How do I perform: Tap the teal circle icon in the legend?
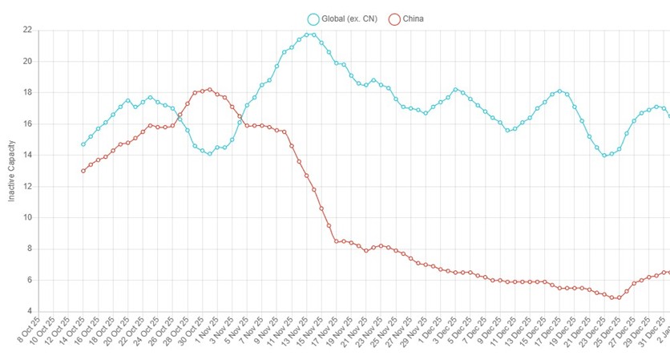pos(314,18)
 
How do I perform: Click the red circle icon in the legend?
pos(394,18)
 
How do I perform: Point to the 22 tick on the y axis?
pos(27,30)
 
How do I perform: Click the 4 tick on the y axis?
pos(29,311)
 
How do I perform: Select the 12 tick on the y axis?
pos(27,186)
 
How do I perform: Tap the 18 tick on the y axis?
pos(27,92)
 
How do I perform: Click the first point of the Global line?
pos(83,144)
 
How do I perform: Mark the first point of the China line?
pos(83,171)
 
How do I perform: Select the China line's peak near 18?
pos(209,90)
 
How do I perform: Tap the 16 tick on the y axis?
pos(27,123)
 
